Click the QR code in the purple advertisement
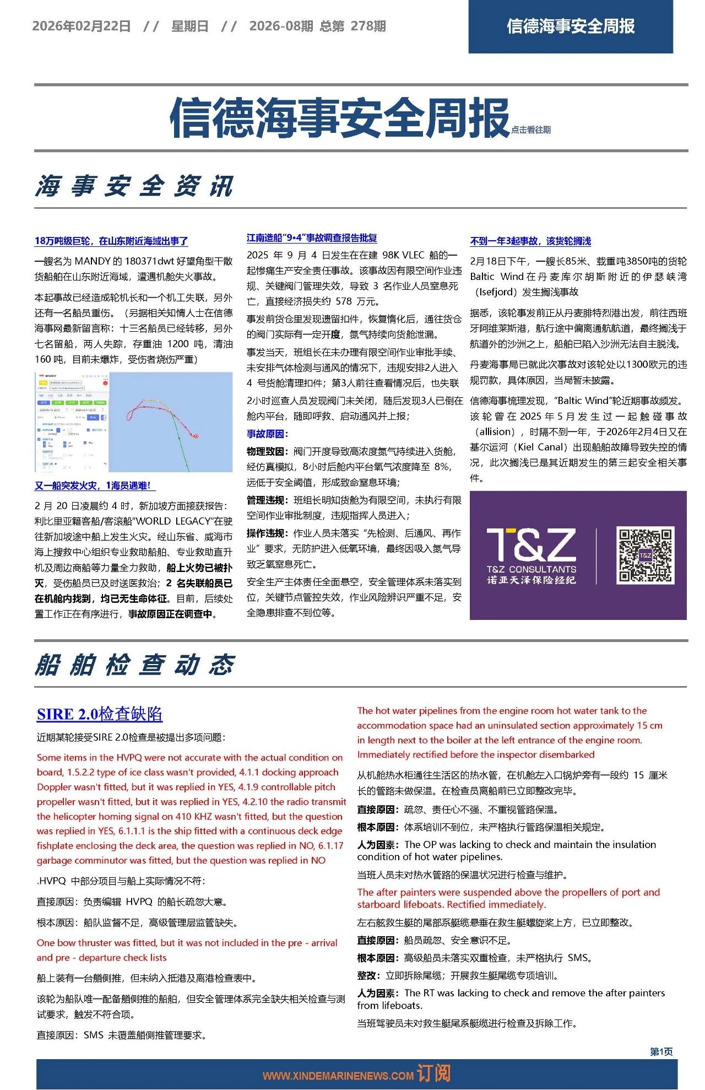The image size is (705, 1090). (x=645, y=555)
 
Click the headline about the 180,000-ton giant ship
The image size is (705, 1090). (x=111, y=241)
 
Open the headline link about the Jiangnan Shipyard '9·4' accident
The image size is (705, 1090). (x=312, y=238)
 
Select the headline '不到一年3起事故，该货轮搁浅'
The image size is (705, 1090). (x=530, y=241)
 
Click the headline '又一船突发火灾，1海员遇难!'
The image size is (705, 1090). (x=95, y=485)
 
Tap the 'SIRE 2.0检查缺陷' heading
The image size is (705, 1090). (x=100, y=714)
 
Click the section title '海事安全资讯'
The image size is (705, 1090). (x=135, y=186)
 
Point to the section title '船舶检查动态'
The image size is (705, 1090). (x=135, y=665)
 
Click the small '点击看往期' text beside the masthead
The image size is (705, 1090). (x=530, y=130)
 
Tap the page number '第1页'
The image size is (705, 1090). (x=661, y=1051)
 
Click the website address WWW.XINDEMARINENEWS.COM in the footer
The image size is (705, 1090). (x=338, y=1075)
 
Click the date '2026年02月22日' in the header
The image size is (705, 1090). (x=82, y=26)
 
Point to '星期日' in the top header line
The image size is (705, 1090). (x=190, y=26)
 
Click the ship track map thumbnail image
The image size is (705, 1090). (x=134, y=422)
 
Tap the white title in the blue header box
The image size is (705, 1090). (x=571, y=26)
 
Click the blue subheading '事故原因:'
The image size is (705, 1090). (x=267, y=434)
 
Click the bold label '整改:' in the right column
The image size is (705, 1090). (x=369, y=975)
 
